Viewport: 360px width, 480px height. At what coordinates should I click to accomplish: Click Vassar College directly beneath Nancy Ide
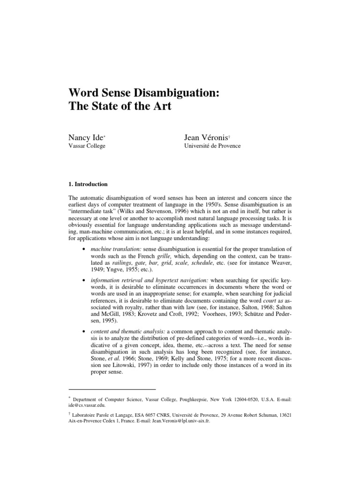87,146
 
